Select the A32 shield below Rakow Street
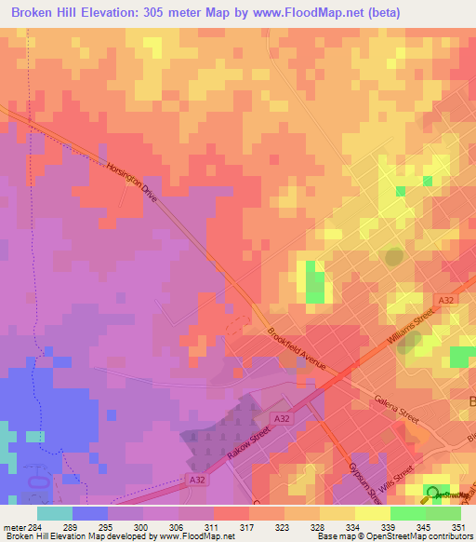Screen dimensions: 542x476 point(195,479)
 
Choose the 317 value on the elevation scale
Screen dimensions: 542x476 point(247,527)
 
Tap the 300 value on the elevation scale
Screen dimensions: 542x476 point(141,527)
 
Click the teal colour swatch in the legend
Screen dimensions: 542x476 point(54,513)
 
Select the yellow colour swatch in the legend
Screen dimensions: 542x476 point(372,513)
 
